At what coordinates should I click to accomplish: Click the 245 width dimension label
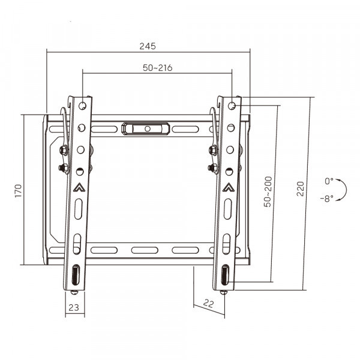[x=148, y=46]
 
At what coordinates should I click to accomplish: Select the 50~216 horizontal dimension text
[x=157, y=68]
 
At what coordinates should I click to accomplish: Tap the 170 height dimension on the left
[x=18, y=191]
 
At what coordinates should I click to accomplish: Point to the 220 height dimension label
[x=301, y=189]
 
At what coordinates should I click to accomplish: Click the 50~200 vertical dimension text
[x=268, y=192]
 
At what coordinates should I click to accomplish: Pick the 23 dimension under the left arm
[x=74, y=307]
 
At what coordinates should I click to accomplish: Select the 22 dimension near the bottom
[x=208, y=304]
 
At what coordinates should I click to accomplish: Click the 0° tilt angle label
[x=329, y=181]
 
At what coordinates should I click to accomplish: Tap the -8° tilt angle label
[x=327, y=199]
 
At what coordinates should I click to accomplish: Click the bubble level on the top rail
[x=146, y=128]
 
